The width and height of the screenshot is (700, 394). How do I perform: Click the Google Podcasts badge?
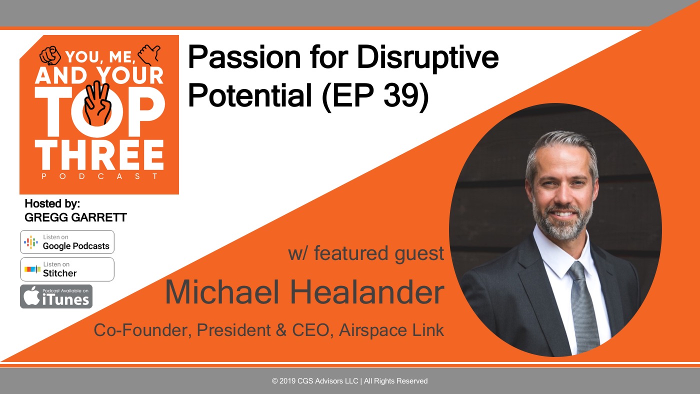click(67, 242)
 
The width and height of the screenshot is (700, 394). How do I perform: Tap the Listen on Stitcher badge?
click(67, 269)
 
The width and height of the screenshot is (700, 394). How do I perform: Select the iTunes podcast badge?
click(56, 296)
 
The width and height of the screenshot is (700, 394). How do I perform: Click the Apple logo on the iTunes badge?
click(31, 295)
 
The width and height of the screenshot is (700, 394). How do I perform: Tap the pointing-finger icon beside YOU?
click(50, 55)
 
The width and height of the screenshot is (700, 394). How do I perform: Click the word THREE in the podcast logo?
click(99, 154)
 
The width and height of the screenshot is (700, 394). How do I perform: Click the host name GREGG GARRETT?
click(75, 217)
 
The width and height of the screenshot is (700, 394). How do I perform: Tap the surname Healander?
click(367, 292)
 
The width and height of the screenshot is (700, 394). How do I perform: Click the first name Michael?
click(222, 292)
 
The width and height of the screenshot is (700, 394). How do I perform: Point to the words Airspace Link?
click(391, 330)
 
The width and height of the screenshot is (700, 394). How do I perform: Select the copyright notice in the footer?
click(349, 381)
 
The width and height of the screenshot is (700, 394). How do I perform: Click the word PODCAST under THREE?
click(99, 176)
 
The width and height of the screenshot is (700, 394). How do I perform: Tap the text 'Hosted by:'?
click(52, 203)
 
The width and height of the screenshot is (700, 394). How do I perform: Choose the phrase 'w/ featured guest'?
click(366, 253)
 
